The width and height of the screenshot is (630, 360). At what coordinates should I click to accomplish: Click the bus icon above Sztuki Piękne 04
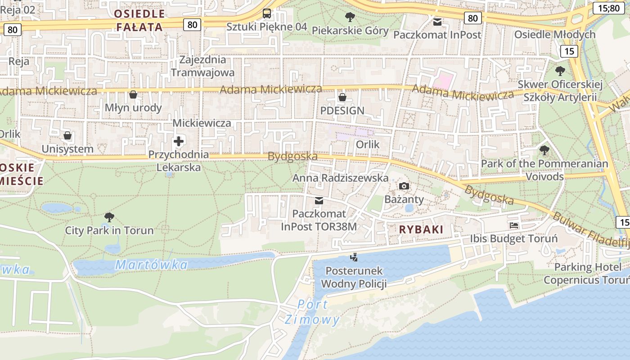point(266,13)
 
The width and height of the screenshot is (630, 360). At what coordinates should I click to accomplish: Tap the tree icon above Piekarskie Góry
point(350,18)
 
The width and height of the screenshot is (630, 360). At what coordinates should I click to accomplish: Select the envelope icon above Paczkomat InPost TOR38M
point(319,200)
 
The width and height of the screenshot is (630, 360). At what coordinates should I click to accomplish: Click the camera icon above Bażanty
point(404,186)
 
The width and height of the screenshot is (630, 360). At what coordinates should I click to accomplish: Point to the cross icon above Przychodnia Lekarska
point(179,142)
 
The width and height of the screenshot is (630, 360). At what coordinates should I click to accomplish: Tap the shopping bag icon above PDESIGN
point(342,97)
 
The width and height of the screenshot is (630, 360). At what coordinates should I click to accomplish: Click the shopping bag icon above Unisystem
point(67,135)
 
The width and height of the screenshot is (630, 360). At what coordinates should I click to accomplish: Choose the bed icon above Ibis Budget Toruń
point(514,225)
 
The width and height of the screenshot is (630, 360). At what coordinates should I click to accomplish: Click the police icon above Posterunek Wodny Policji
point(354,258)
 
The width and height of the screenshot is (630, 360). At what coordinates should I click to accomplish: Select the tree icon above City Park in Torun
point(109,217)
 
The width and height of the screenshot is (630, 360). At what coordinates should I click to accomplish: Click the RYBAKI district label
point(421,229)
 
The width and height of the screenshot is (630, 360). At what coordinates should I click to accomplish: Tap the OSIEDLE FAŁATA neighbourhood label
point(139,20)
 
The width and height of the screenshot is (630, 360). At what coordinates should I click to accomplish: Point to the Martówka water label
point(152,265)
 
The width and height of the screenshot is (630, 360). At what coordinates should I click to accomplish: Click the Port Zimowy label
point(312,312)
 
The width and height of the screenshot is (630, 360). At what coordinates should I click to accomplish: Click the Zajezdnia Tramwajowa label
point(202,66)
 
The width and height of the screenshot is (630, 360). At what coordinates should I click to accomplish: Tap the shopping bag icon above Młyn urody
point(133,94)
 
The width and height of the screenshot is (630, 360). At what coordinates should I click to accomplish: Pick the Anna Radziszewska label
point(340,178)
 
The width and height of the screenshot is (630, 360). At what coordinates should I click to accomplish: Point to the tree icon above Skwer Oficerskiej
point(560,71)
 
